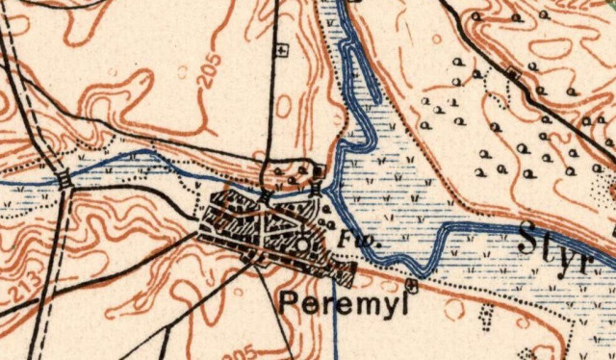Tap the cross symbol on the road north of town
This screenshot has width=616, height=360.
tap(282, 48)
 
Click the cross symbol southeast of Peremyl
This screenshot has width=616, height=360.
tap(413, 285)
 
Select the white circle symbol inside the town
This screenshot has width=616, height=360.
tap(304, 244)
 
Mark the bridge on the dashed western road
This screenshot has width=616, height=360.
tap(64, 180)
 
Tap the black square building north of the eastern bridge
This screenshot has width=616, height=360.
tap(320, 173)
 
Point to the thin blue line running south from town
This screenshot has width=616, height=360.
tap(335, 322)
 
